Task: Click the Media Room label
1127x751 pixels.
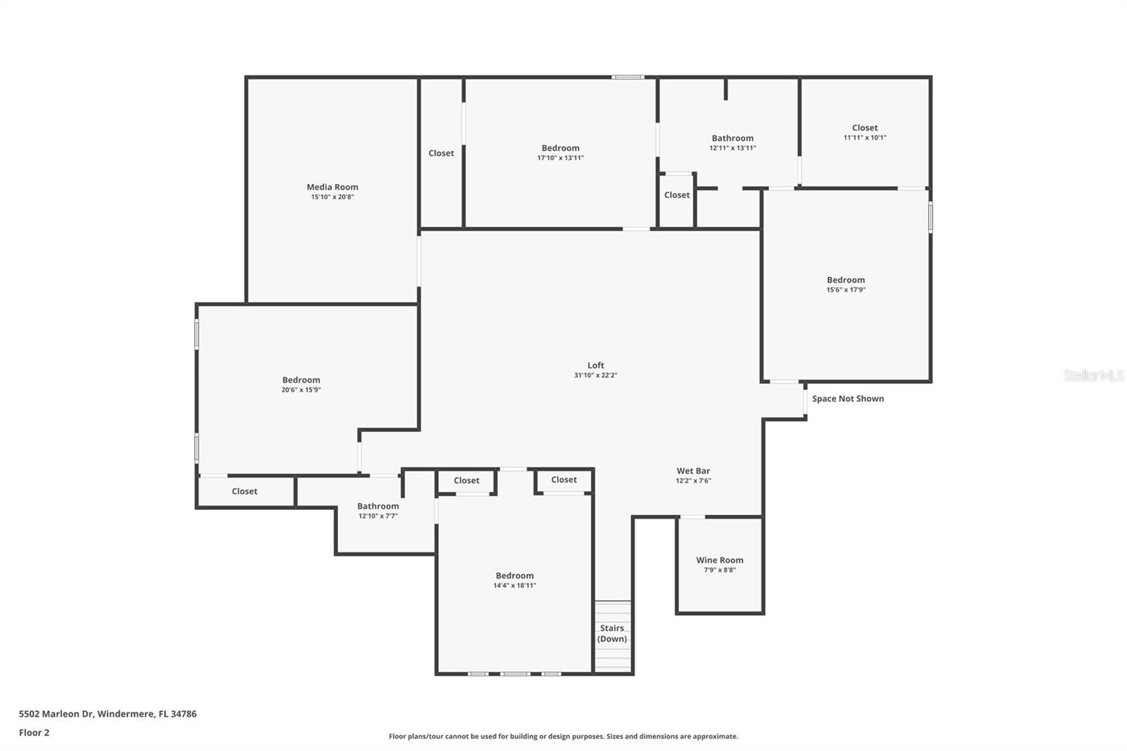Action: click(332, 187)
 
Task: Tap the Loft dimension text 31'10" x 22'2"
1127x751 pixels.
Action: click(595, 375)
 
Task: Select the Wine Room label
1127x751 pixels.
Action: click(719, 560)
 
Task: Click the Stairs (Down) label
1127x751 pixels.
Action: click(611, 633)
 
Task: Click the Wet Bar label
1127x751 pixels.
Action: click(693, 471)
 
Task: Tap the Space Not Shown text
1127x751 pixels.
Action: click(847, 399)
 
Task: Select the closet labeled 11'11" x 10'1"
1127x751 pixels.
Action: click(864, 132)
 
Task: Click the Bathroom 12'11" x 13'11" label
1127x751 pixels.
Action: click(732, 143)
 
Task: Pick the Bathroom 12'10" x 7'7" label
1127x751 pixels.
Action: click(378, 511)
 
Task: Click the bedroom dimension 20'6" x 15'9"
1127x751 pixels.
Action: click(301, 390)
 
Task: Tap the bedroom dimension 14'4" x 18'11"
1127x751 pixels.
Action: click(514, 585)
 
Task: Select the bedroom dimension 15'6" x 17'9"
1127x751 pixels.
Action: click(845, 290)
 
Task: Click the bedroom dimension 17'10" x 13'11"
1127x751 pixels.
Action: click(560, 158)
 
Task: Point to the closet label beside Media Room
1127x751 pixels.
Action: click(441, 153)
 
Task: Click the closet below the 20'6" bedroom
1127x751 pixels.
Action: click(244, 491)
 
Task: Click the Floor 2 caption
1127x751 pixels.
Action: click(34, 733)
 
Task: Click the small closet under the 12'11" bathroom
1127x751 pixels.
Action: click(676, 195)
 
